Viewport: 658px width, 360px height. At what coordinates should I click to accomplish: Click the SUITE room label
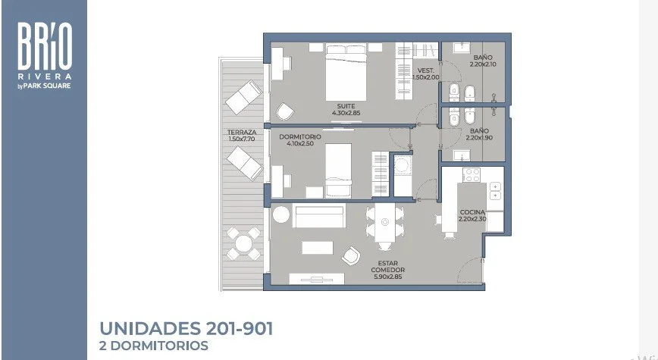(346, 106)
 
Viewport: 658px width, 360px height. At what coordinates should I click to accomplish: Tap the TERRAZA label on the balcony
(242, 132)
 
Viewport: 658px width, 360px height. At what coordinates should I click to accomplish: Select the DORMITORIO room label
(300, 136)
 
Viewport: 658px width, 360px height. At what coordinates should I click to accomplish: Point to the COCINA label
(472, 212)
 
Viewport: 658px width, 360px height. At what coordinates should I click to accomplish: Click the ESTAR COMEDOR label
(388, 267)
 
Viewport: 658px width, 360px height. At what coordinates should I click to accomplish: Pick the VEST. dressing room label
(426, 71)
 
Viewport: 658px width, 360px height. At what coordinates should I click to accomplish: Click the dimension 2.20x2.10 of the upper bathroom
(483, 64)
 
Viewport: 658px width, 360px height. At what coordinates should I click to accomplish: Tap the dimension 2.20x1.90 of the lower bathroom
(479, 138)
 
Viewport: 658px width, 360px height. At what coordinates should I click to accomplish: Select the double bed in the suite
(346, 72)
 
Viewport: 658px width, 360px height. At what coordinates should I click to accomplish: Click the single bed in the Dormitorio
(339, 170)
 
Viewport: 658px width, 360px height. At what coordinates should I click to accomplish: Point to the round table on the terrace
(244, 243)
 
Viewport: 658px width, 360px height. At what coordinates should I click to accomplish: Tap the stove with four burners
(472, 175)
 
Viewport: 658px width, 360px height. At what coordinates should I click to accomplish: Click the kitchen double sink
(495, 191)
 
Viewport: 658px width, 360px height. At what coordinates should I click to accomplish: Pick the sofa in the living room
(319, 216)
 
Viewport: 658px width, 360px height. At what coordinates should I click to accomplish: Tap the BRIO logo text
(45, 46)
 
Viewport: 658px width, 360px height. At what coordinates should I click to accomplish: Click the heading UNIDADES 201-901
(186, 328)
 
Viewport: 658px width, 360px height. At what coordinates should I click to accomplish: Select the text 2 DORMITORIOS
(154, 346)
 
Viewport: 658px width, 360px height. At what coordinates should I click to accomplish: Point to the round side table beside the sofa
(280, 215)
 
